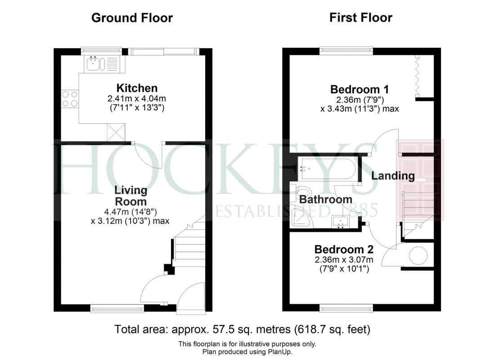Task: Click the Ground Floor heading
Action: point(132,18)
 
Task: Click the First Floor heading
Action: point(360,18)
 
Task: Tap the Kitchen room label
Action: point(137,88)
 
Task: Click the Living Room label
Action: point(130,196)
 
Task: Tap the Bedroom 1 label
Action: point(359,89)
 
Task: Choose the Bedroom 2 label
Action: point(344,249)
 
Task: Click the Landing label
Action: point(393,176)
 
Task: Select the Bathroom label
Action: point(326,199)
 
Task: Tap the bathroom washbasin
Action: point(341,222)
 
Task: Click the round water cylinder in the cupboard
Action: point(417,256)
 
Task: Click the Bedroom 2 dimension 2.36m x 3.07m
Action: point(344,260)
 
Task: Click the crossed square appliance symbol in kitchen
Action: point(116,132)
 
